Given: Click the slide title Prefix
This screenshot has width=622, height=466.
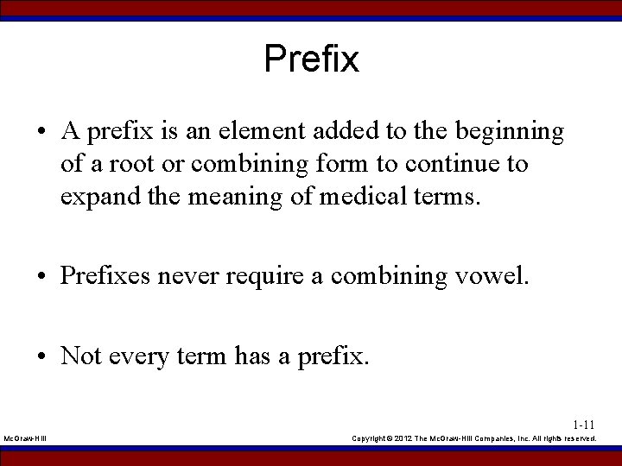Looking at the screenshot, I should tap(311, 60).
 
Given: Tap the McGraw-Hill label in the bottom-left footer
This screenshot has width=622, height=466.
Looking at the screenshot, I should tap(26, 439).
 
